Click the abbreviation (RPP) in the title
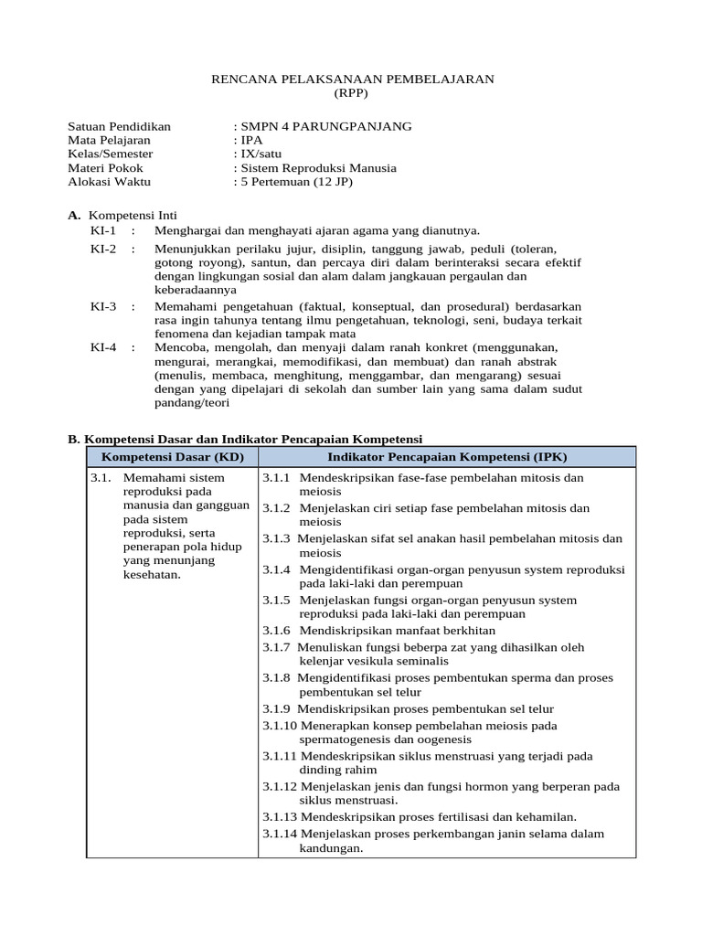coord(354,93)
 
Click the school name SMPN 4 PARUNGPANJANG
coord(326,126)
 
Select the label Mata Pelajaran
coord(110,140)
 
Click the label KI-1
coord(103,229)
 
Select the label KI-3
coord(103,306)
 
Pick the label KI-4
coord(103,347)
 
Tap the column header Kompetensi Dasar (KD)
coord(172,456)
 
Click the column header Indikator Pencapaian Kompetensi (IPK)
coord(446,456)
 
